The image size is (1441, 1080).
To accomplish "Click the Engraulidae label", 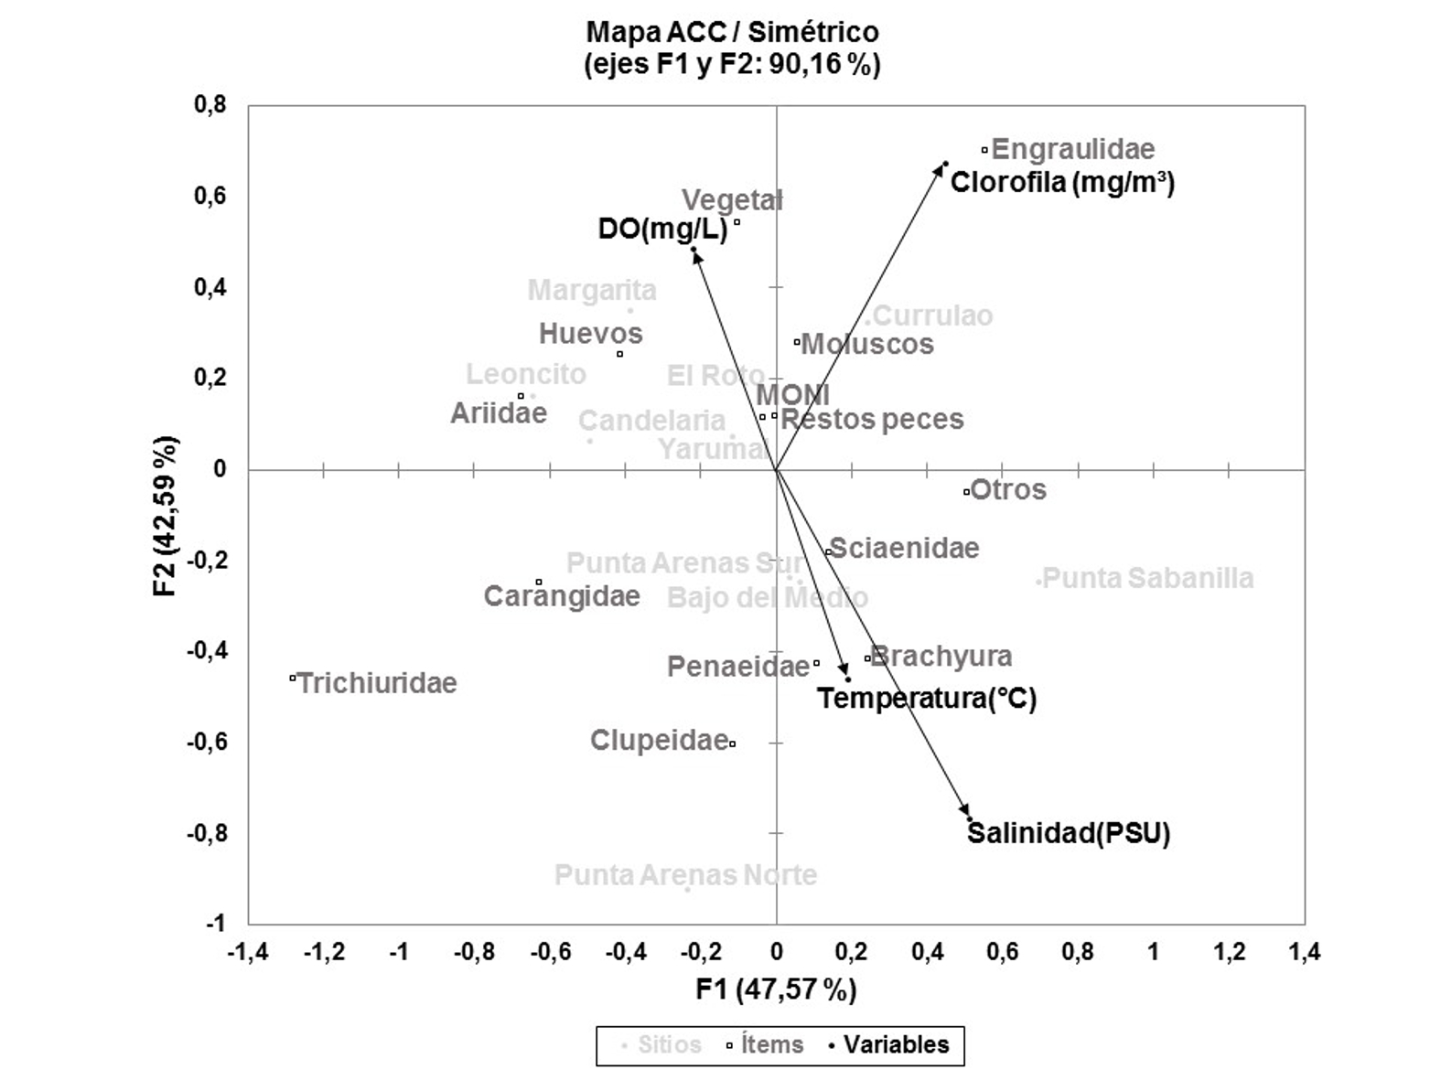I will pos(1072,149).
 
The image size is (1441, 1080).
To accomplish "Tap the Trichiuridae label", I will pos(377,683).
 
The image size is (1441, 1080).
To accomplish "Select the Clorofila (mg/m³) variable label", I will pos(1061,182).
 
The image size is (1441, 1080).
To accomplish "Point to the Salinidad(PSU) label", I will pos(1069,833).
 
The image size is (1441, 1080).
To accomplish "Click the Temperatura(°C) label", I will pos(926,699).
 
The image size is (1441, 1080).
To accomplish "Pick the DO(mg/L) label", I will pos(662,229).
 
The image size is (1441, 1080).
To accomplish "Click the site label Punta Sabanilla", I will pos(1147,578).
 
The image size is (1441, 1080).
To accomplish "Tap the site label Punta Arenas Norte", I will pos(685,875).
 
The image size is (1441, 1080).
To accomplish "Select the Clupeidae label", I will pos(659,739).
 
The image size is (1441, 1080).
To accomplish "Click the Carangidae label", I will pos(562,596).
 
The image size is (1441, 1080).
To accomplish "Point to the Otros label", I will pos(1007,490).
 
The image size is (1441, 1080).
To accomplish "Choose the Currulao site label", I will pos(932,315).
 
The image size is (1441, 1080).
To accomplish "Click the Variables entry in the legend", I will pos(896,1044).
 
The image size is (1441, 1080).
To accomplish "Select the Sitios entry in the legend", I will pos(669,1044).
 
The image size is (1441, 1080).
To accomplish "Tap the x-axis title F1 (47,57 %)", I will pos(776,989).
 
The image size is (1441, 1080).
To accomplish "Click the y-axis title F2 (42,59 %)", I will pos(166,516).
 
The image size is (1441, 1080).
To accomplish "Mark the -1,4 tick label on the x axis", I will pos(248,952).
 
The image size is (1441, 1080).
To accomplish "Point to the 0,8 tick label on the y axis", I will pos(210,104).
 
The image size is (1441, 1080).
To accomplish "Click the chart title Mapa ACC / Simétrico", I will pos(732,32).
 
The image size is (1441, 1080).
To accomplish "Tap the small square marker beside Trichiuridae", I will pos(292,678).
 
